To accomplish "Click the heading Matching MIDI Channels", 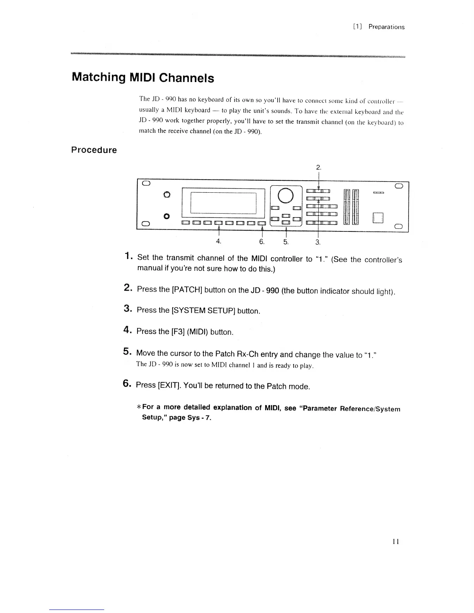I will [143, 77].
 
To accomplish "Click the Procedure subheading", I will [94, 150].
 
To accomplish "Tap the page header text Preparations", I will [386, 27].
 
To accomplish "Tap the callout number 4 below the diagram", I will [218, 241].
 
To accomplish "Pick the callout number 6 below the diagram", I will [262, 241].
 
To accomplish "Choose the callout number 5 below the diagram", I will [286, 241].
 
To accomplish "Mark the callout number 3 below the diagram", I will [318, 242].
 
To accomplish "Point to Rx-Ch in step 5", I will [247, 354].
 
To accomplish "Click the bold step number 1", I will [128, 256].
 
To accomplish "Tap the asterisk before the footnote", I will [139, 407].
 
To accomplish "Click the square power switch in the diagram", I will [378, 218].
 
